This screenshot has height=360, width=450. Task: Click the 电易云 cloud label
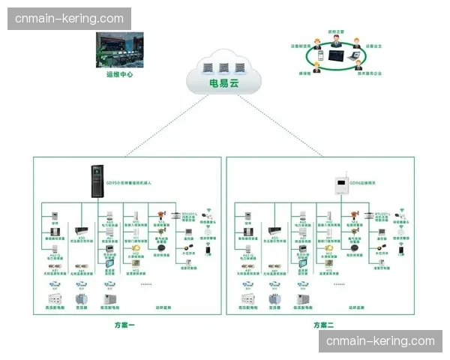(224, 83)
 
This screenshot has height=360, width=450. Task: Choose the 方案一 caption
(124, 325)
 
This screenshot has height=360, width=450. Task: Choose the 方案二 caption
(323, 325)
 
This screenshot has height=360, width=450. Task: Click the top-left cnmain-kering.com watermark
(69, 18)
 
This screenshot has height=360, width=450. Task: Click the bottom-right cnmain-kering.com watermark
(380, 341)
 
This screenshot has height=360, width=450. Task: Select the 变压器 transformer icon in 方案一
(80, 300)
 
